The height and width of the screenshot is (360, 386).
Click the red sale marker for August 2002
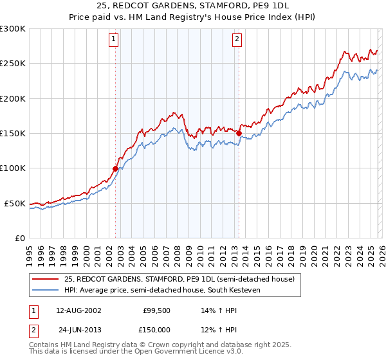tap(116, 168)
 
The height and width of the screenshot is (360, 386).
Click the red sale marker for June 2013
tap(239, 133)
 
